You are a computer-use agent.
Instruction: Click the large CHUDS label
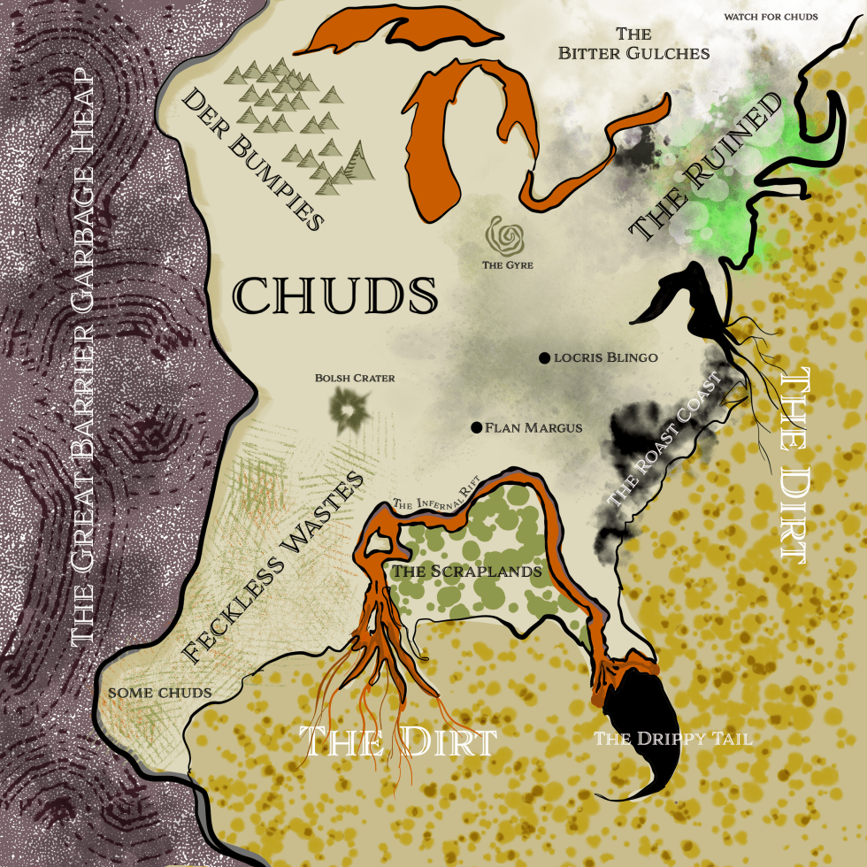pos(336,295)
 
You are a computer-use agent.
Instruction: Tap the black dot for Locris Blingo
pos(544,357)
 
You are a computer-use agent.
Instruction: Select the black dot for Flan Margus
pos(477,427)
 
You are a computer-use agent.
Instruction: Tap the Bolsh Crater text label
pos(355,378)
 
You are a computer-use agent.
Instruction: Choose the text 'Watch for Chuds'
pos(771,16)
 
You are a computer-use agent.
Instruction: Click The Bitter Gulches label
pos(633,44)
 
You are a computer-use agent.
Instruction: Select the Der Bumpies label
pos(251,160)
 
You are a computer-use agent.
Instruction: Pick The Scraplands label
pos(466,572)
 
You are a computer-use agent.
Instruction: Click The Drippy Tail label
pos(672,739)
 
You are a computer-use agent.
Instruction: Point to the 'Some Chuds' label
pos(159,692)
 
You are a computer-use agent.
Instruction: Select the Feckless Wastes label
pos(273,567)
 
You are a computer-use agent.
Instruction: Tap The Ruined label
pos(706,167)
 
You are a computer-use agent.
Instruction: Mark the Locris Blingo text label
pos(605,357)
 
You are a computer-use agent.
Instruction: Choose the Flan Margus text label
pos(533,427)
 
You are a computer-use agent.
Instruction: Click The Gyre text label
pos(507,264)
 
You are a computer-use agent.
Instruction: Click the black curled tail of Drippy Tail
pos(641,717)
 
